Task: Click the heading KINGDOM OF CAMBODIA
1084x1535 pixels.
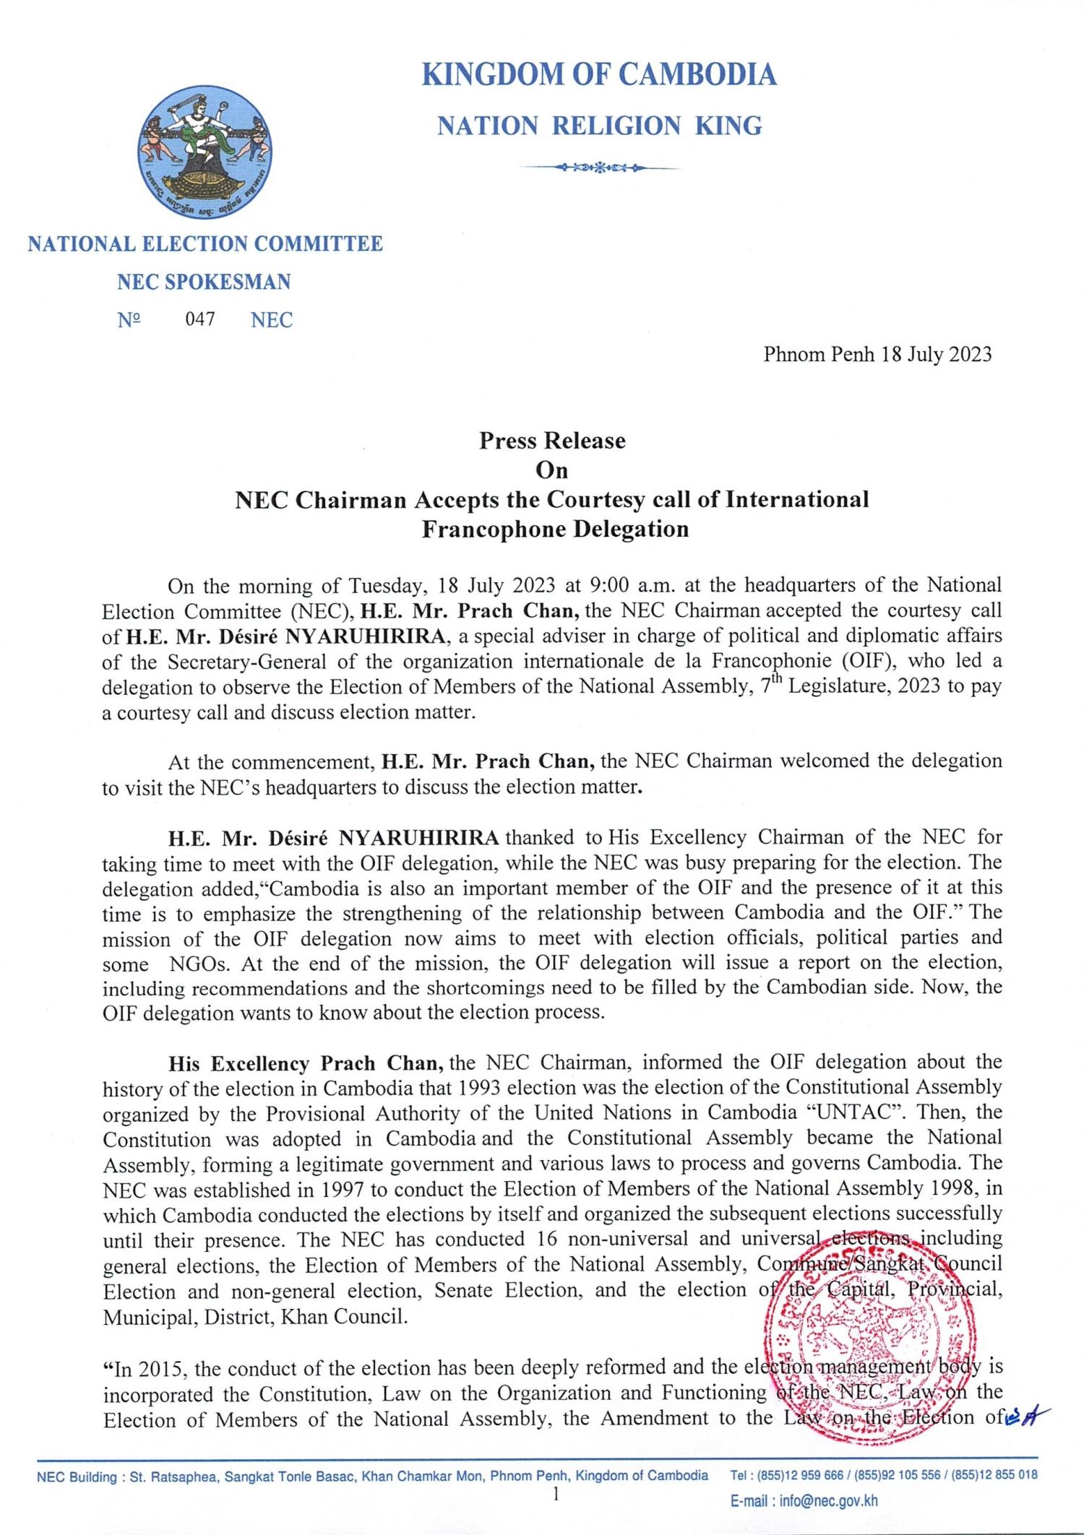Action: [x=599, y=75]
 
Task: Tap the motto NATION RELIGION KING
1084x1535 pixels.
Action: [x=599, y=126]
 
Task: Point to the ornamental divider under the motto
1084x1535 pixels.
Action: [x=599, y=168]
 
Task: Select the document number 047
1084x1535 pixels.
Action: [x=200, y=319]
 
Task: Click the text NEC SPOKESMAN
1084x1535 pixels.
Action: [x=204, y=282]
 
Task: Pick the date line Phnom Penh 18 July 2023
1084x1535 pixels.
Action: [x=877, y=355]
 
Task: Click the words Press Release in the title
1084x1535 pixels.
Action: [x=552, y=441]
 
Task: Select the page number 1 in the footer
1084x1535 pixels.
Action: [x=555, y=1495]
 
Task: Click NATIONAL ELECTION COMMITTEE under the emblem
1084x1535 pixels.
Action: [x=205, y=243]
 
